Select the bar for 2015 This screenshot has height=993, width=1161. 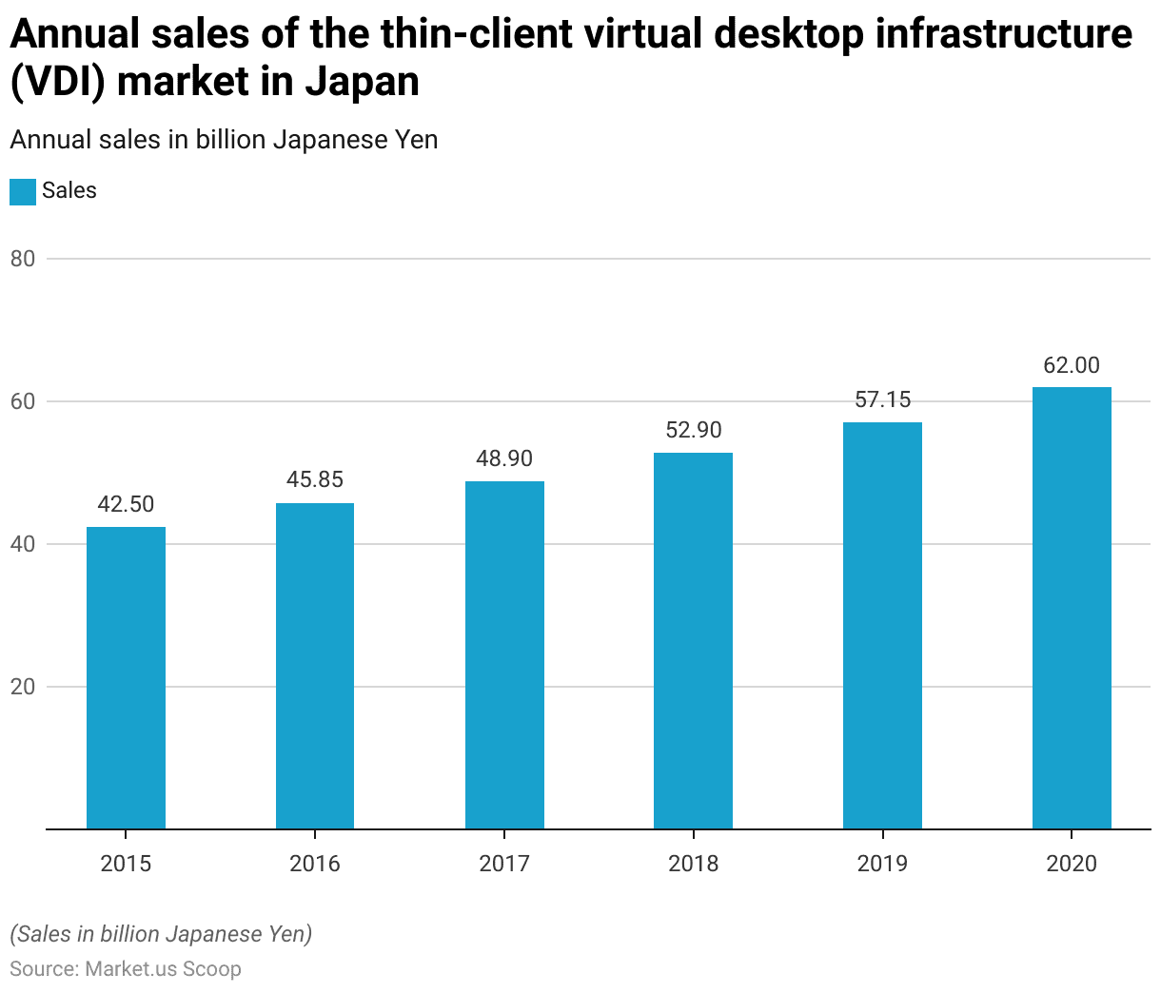tap(126, 677)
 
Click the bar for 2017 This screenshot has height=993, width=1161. tap(504, 654)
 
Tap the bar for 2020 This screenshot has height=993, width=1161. tap(1072, 608)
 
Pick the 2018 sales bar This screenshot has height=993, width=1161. tap(693, 640)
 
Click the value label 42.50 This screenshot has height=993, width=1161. tap(126, 504)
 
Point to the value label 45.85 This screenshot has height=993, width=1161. tap(315, 479)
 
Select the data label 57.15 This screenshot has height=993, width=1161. tap(882, 399)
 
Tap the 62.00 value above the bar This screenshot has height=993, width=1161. tap(1072, 365)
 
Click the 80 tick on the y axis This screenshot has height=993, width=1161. tap(23, 259)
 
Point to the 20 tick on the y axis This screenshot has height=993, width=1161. tap(23, 687)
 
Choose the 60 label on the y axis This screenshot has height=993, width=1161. tap(23, 401)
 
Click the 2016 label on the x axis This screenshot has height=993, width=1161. tap(315, 864)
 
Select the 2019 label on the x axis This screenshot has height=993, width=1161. tap(882, 864)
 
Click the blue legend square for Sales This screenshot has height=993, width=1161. tap(23, 191)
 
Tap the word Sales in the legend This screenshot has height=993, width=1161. tap(69, 190)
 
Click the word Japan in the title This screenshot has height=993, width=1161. tap(362, 81)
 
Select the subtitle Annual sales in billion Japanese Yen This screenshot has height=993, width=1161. tap(224, 140)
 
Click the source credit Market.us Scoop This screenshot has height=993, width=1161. tap(163, 968)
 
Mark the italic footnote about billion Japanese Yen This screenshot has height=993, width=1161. tap(161, 934)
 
